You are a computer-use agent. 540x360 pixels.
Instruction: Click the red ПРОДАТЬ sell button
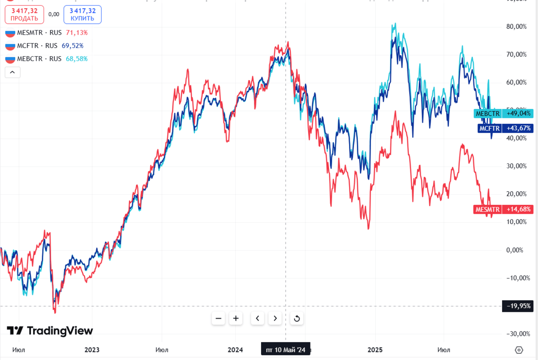[24, 14]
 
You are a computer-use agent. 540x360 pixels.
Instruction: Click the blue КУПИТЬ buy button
[82, 14]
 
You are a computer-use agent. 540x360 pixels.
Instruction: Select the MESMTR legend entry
[46, 32]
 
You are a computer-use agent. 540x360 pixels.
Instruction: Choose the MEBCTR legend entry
[46, 58]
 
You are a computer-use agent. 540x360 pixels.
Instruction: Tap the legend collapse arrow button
[12, 72]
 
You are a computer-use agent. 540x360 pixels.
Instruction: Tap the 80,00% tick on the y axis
[516, 27]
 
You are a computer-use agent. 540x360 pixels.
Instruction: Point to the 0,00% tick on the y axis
[518, 250]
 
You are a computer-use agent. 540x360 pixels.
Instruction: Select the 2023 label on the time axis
[92, 350]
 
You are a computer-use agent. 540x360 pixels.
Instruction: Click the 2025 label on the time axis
[375, 350]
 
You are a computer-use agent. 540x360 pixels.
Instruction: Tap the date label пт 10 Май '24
[285, 350]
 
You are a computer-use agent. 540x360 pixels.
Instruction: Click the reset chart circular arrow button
[297, 319]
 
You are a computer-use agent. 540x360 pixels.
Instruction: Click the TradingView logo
[49, 331]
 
